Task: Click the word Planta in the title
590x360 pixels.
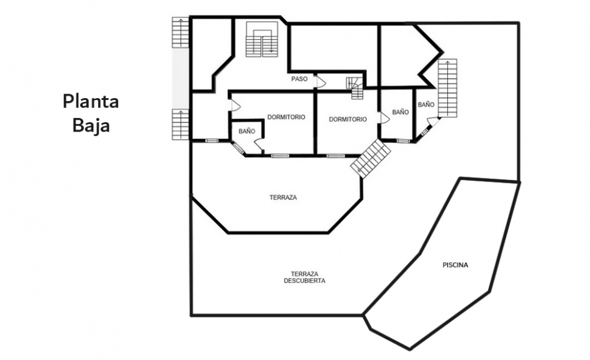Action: tap(91, 102)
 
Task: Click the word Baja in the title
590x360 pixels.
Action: tap(91, 125)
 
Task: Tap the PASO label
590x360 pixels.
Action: tap(299, 79)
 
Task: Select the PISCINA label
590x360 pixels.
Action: tap(455, 265)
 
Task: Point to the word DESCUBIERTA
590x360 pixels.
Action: tap(305, 281)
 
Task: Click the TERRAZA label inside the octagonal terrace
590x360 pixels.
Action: tap(283, 197)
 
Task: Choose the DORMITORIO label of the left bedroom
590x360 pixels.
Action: tap(286, 117)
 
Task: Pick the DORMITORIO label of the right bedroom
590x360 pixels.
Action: tap(348, 119)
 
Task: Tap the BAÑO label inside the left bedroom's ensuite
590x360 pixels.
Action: tap(247, 131)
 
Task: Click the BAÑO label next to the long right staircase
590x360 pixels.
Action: tap(426, 104)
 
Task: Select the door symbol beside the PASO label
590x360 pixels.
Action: tap(320, 82)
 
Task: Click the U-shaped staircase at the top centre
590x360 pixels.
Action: tap(262, 40)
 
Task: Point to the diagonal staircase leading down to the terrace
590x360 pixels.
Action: tap(371, 158)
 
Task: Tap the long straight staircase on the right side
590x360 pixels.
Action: tap(448, 88)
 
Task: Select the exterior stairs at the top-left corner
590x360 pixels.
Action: tap(180, 32)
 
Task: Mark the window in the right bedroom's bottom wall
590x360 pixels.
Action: tap(335, 155)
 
